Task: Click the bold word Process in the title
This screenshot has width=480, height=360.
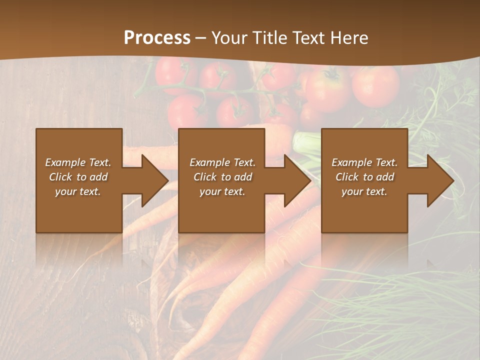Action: [157, 38]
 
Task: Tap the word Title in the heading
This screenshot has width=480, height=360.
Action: [270, 38]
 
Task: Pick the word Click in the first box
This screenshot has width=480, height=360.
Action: [60, 177]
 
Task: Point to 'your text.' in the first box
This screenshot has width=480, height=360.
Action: [78, 191]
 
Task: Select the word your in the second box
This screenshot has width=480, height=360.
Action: [210, 191]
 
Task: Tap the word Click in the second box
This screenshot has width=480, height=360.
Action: [205, 177]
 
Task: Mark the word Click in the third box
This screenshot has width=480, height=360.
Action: [347, 177]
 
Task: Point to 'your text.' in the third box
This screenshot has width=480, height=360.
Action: [364, 191]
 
